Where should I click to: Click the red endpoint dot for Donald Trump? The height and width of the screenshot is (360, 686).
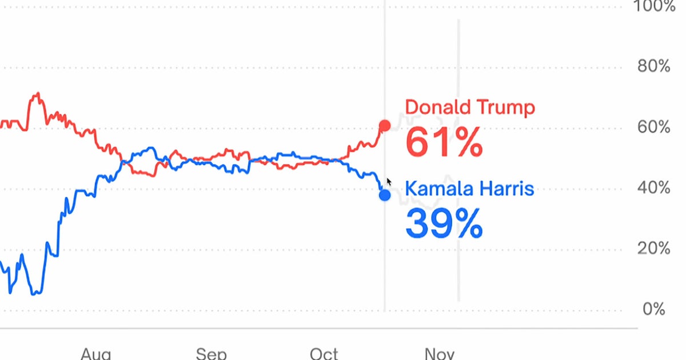[x=385, y=126]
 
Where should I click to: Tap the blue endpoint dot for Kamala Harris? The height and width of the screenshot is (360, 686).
[x=385, y=195]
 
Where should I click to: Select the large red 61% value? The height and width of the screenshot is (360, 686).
[x=444, y=143]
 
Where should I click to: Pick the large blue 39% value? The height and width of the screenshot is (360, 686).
[x=444, y=223]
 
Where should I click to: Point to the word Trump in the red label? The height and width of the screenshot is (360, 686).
[x=505, y=107]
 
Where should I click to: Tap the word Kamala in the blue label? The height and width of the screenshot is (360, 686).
[x=437, y=188]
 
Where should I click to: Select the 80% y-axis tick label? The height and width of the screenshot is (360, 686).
[x=654, y=66]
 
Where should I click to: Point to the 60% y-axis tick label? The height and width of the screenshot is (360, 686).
[x=654, y=127]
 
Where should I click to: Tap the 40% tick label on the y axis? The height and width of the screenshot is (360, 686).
[x=654, y=187]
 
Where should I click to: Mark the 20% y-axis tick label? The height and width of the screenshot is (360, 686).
[x=654, y=249]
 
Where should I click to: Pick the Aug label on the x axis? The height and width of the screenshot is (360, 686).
[x=96, y=353]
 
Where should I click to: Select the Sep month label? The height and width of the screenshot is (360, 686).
[x=211, y=353]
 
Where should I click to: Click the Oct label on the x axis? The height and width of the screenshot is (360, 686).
[x=324, y=353]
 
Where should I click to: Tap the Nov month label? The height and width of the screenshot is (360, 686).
[x=440, y=353]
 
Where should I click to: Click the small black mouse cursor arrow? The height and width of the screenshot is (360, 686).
[x=389, y=182]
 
